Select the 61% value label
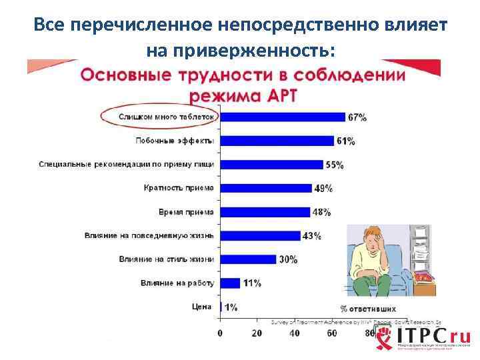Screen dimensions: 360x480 [345, 141]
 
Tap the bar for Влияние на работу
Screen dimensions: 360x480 [230, 283]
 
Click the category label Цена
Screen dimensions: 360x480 [202, 307]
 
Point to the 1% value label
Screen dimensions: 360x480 [231, 307]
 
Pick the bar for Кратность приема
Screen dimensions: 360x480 [265, 188]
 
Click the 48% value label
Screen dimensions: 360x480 [321, 212]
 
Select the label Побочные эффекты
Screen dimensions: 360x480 [175, 141]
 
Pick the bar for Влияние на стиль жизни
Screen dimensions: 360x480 [247, 259]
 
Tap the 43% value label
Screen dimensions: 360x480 [311, 235]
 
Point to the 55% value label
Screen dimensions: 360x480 [335, 165]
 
